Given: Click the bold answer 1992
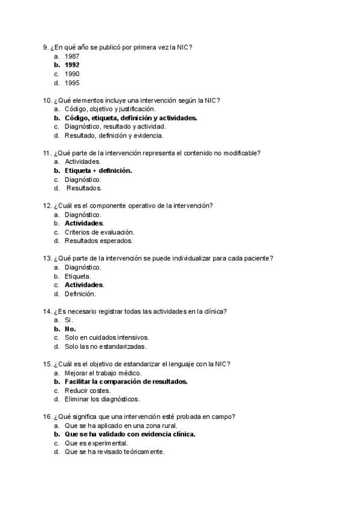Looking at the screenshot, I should click(72, 65).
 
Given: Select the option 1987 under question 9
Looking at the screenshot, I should click(72, 56).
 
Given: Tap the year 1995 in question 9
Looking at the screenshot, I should click(72, 83).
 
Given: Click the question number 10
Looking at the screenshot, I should click(47, 100).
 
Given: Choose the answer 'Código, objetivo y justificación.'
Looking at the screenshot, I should click(110, 109).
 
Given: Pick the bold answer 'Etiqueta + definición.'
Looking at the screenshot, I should click(98, 170).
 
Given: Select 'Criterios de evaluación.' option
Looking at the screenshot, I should click(99, 232).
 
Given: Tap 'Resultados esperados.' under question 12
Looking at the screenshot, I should click(98, 241).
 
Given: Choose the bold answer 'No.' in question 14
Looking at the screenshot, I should click(70, 329).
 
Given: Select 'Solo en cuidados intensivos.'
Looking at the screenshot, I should click(106, 337).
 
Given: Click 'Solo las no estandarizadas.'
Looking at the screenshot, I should click(105, 346).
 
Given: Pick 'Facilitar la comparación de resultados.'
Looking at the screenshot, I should click(126, 381).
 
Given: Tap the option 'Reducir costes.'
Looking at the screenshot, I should click(88, 390).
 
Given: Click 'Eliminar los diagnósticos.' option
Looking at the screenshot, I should click(102, 399).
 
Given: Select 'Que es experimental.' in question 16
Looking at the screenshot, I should click(96, 443).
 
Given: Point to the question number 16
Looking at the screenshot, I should click(47, 417).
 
